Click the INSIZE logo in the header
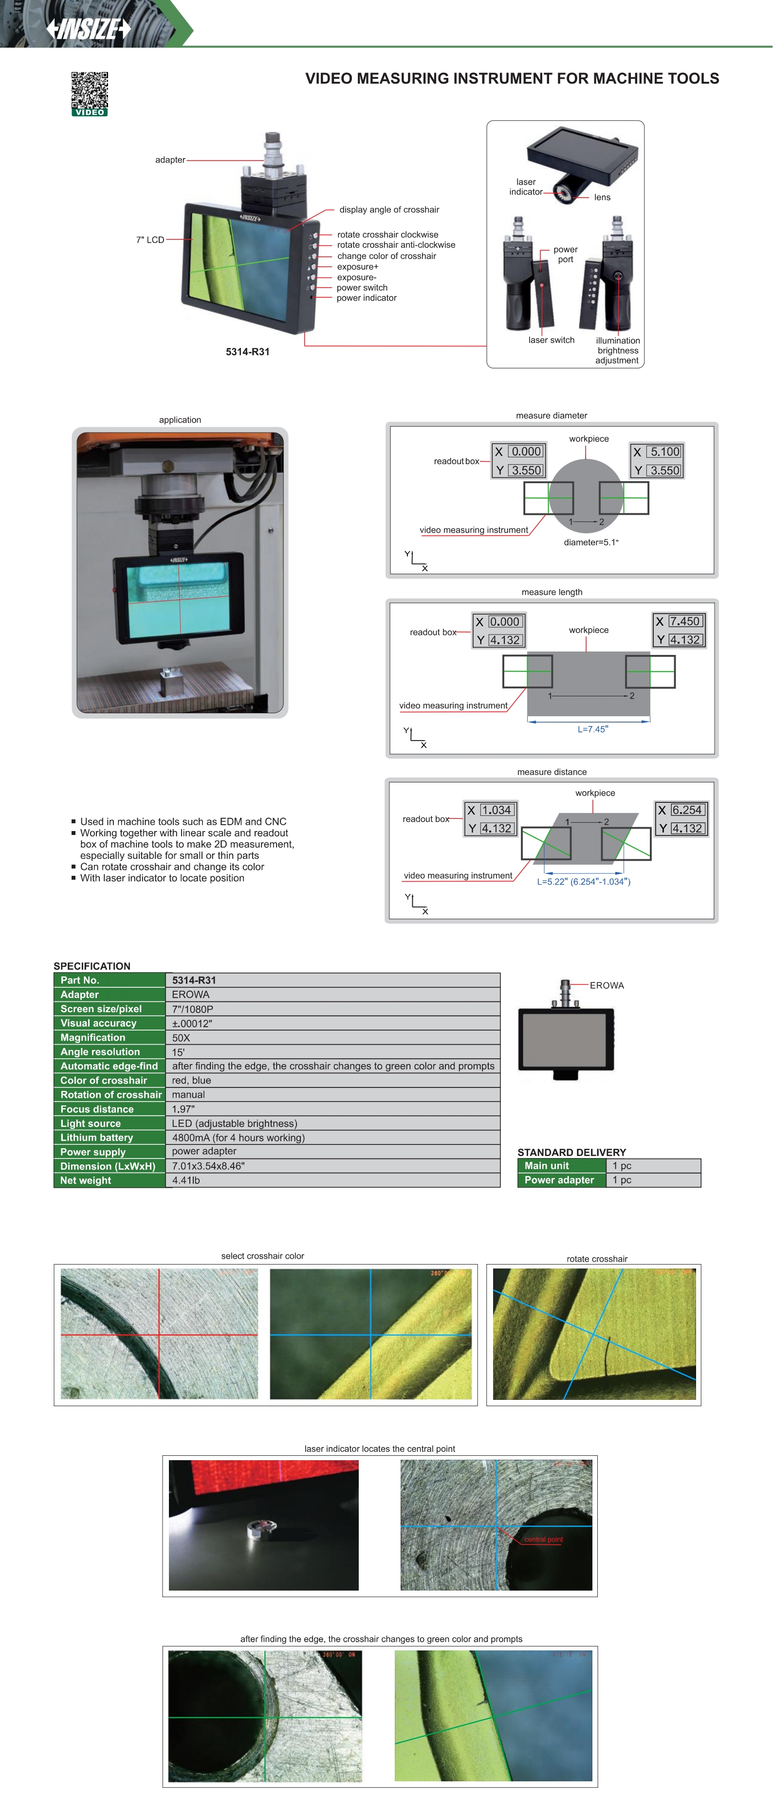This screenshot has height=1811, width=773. click(x=89, y=29)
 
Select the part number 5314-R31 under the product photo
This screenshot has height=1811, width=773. click(x=248, y=351)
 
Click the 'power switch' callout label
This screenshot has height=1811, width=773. click(x=362, y=288)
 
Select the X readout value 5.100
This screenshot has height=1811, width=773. click(x=664, y=452)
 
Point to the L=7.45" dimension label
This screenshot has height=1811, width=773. click(x=592, y=729)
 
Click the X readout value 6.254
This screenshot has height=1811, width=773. click(x=686, y=810)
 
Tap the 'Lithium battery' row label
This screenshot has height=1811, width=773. click(x=96, y=1138)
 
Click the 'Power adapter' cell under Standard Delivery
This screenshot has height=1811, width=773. click(x=559, y=1180)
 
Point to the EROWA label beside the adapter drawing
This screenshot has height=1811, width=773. click(x=607, y=985)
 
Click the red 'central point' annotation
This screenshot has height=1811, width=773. click(x=543, y=1539)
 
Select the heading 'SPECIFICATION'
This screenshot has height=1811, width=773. click(x=92, y=966)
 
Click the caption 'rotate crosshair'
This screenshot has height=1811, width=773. click(x=596, y=1258)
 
